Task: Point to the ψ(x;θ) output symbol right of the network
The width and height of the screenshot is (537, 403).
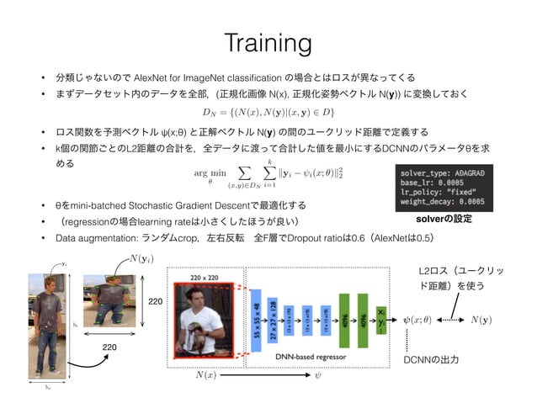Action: pos(416,320)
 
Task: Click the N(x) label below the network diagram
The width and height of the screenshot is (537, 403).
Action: pos(205,374)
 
